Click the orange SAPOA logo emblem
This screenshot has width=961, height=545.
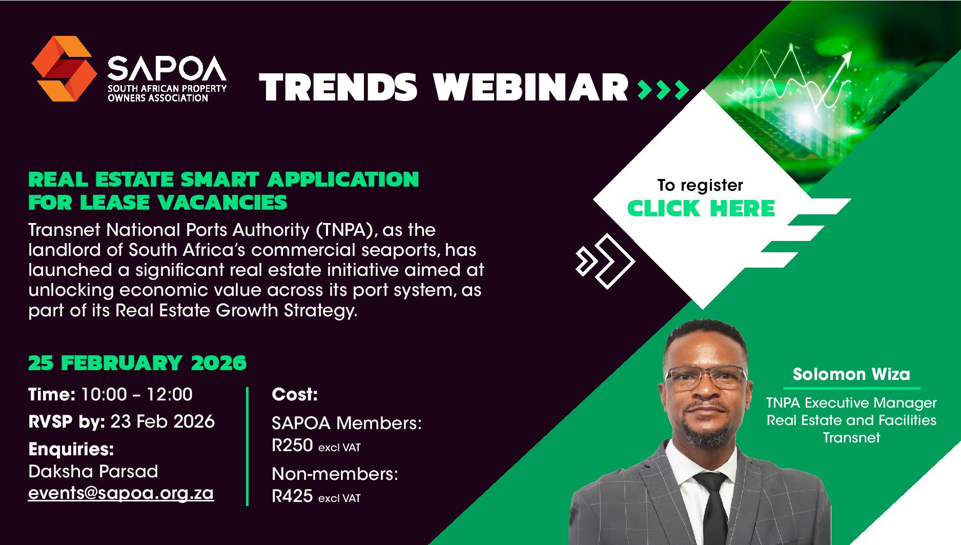(x=64, y=68)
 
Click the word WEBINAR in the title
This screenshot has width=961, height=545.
(x=531, y=87)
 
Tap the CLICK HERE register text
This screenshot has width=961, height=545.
(x=701, y=208)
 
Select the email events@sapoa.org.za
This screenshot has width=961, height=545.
(x=121, y=493)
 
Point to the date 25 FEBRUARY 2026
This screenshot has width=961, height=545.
(x=137, y=363)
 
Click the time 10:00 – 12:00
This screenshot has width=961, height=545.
(x=137, y=394)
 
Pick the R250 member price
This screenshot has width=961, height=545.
(x=292, y=446)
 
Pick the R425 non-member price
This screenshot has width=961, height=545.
(x=292, y=496)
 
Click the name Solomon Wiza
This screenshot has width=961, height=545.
(x=851, y=374)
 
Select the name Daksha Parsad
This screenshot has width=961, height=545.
(x=93, y=471)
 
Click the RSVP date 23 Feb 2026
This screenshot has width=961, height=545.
(x=162, y=421)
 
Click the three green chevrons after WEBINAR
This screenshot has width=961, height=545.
(x=662, y=90)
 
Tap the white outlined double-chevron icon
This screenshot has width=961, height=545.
(x=605, y=261)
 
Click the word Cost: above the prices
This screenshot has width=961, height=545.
(x=295, y=395)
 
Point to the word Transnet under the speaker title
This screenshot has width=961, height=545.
(x=851, y=438)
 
